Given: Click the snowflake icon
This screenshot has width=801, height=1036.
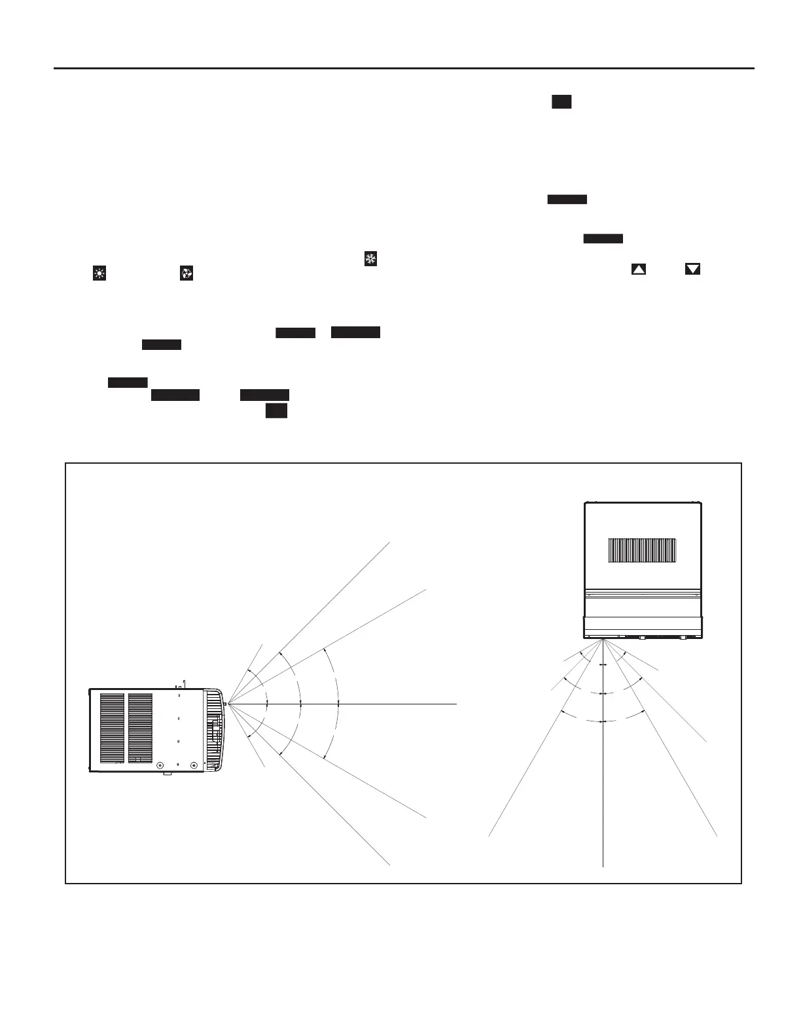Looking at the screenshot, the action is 370,259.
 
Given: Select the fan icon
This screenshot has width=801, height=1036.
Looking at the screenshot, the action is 187,274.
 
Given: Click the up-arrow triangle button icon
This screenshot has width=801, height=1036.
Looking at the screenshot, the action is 639,269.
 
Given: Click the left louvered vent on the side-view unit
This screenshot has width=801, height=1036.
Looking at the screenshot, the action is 112,728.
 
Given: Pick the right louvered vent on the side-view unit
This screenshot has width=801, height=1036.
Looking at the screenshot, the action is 140,728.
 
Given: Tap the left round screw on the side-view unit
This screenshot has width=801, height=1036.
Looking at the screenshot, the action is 160,765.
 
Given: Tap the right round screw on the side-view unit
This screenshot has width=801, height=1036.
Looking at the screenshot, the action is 193,765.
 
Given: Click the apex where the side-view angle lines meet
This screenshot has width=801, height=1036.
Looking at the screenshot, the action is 227,704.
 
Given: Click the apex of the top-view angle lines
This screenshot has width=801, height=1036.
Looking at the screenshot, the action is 602,640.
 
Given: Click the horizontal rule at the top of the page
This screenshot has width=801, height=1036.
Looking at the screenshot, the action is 403,68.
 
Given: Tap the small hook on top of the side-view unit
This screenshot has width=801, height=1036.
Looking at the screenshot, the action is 184,683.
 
